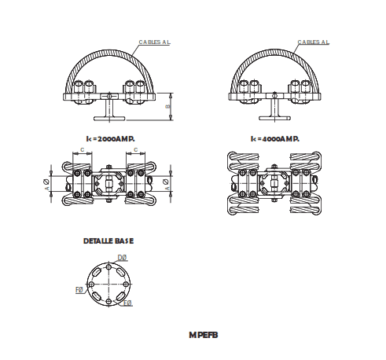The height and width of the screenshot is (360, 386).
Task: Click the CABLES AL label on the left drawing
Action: [154, 42]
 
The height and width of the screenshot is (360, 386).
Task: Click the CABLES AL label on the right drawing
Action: [314, 42]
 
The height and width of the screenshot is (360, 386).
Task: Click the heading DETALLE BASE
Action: [108, 241]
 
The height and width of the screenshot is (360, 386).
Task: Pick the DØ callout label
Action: [122, 258]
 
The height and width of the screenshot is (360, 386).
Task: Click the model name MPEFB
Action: [203, 334]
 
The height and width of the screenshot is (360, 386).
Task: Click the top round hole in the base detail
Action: [108, 266]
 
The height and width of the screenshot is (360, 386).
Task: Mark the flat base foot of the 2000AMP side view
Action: [109, 119]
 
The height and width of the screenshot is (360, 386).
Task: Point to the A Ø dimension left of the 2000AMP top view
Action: [49, 182]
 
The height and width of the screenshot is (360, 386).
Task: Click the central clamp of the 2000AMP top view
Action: [109, 182]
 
